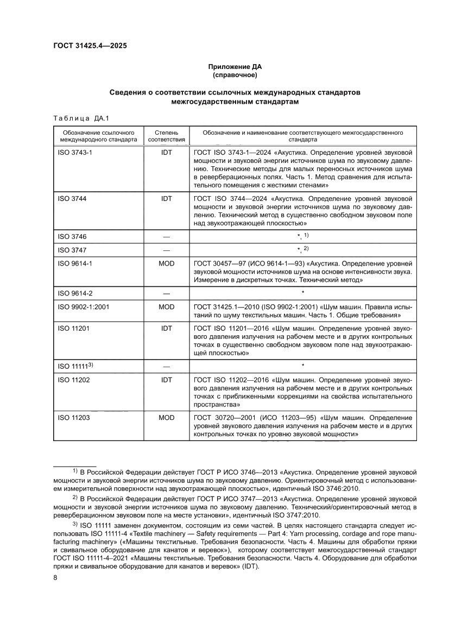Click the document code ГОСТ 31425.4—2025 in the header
pos(90,47)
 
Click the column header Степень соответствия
pos(166,135)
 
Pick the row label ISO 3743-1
pos(75,153)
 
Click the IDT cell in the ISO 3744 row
pos(166,199)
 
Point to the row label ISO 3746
pos(72,236)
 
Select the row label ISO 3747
pos(72,250)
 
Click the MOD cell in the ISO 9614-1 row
pos(166,263)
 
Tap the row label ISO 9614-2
pos(75,293)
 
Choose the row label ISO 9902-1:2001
pos(84,307)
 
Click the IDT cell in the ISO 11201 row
pos(166,328)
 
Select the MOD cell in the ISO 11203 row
pos(166,418)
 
